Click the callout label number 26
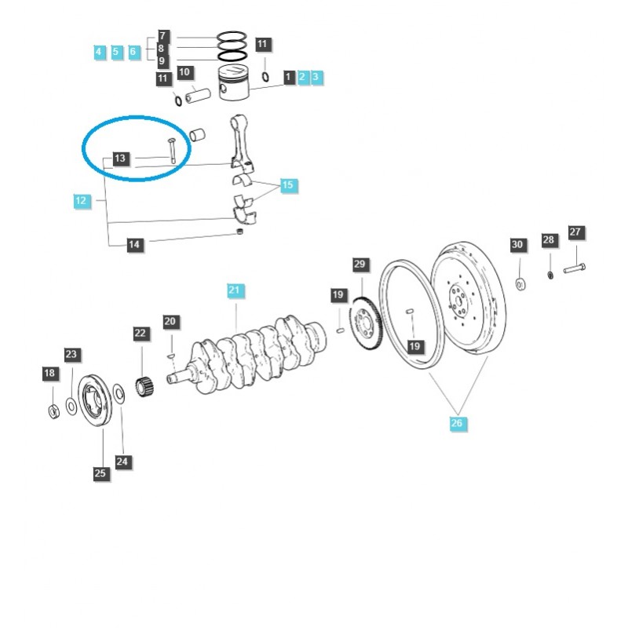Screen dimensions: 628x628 click(458, 424)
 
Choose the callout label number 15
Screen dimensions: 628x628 click(288, 185)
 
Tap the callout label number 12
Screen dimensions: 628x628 click(81, 201)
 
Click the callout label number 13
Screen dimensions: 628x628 click(119, 159)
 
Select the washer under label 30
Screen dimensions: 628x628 click(520, 283)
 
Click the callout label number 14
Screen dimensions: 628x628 click(134, 246)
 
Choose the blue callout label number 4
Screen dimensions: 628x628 click(99, 52)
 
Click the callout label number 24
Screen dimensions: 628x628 click(122, 462)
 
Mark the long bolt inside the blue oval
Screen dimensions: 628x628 click(170, 150)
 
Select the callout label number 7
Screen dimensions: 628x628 click(162, 36)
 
